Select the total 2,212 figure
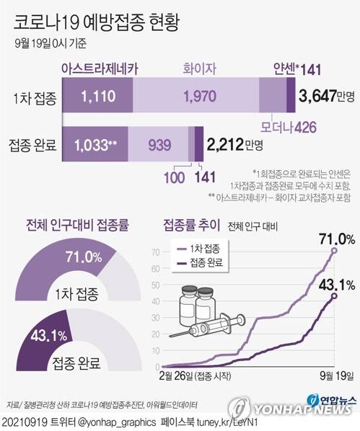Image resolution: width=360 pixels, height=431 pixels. click(x=227, y=145)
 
